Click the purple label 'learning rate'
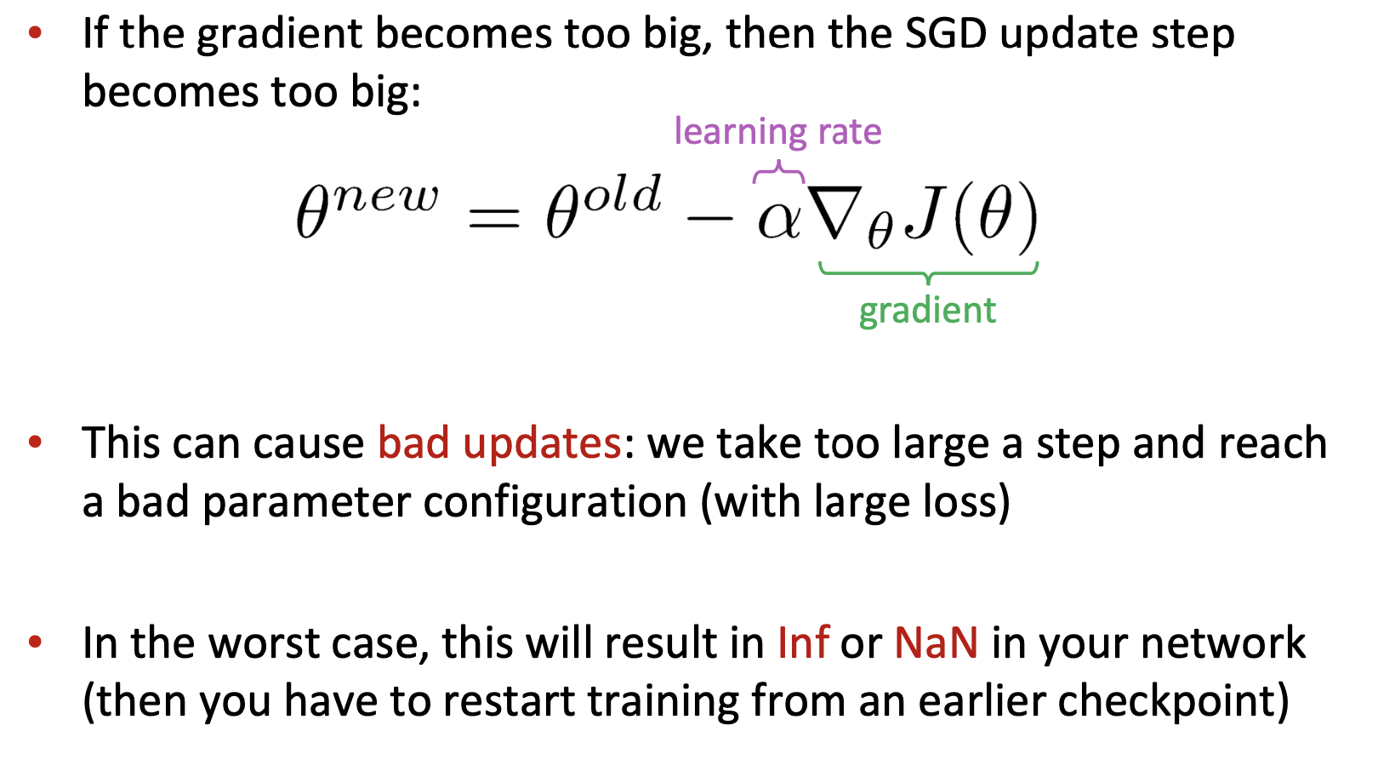click(x=777, y=132)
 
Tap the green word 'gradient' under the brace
click(x=927, y=311)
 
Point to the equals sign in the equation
click(x=494, y=218)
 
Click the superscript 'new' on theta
click(x=385, y=197)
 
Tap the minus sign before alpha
click(x=709, y=218)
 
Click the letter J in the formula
click(x=922, y=214)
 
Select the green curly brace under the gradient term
click(x=929, y=274)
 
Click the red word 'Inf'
click(x=803, y=642)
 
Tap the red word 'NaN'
click(x=936, y=642)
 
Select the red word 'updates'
click(x=542, y=443)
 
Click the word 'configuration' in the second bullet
click(x=555, y=502)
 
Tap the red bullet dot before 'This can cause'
click(x=35, y=442)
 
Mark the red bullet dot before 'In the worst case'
click(x=35, y=642)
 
